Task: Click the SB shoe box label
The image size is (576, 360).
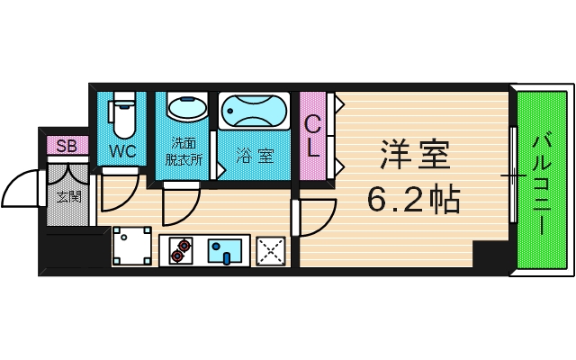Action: click(x=66, y=146)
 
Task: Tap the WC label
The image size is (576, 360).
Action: click(x=122, y=151)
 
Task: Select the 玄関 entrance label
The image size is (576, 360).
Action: click(x=67, y=195)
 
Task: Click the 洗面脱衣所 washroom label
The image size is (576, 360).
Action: click(x=184, y=151)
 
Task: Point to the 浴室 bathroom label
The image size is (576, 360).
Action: click(x=255, y=155)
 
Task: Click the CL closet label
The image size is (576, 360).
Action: click(x=312, y=137)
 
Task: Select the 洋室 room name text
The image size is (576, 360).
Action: click(x=414, y=154)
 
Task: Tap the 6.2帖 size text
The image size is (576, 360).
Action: click(x=414, y=198)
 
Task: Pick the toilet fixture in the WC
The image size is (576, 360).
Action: click(x=122, y=112)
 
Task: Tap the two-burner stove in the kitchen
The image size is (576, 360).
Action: click(x=181, y=250)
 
